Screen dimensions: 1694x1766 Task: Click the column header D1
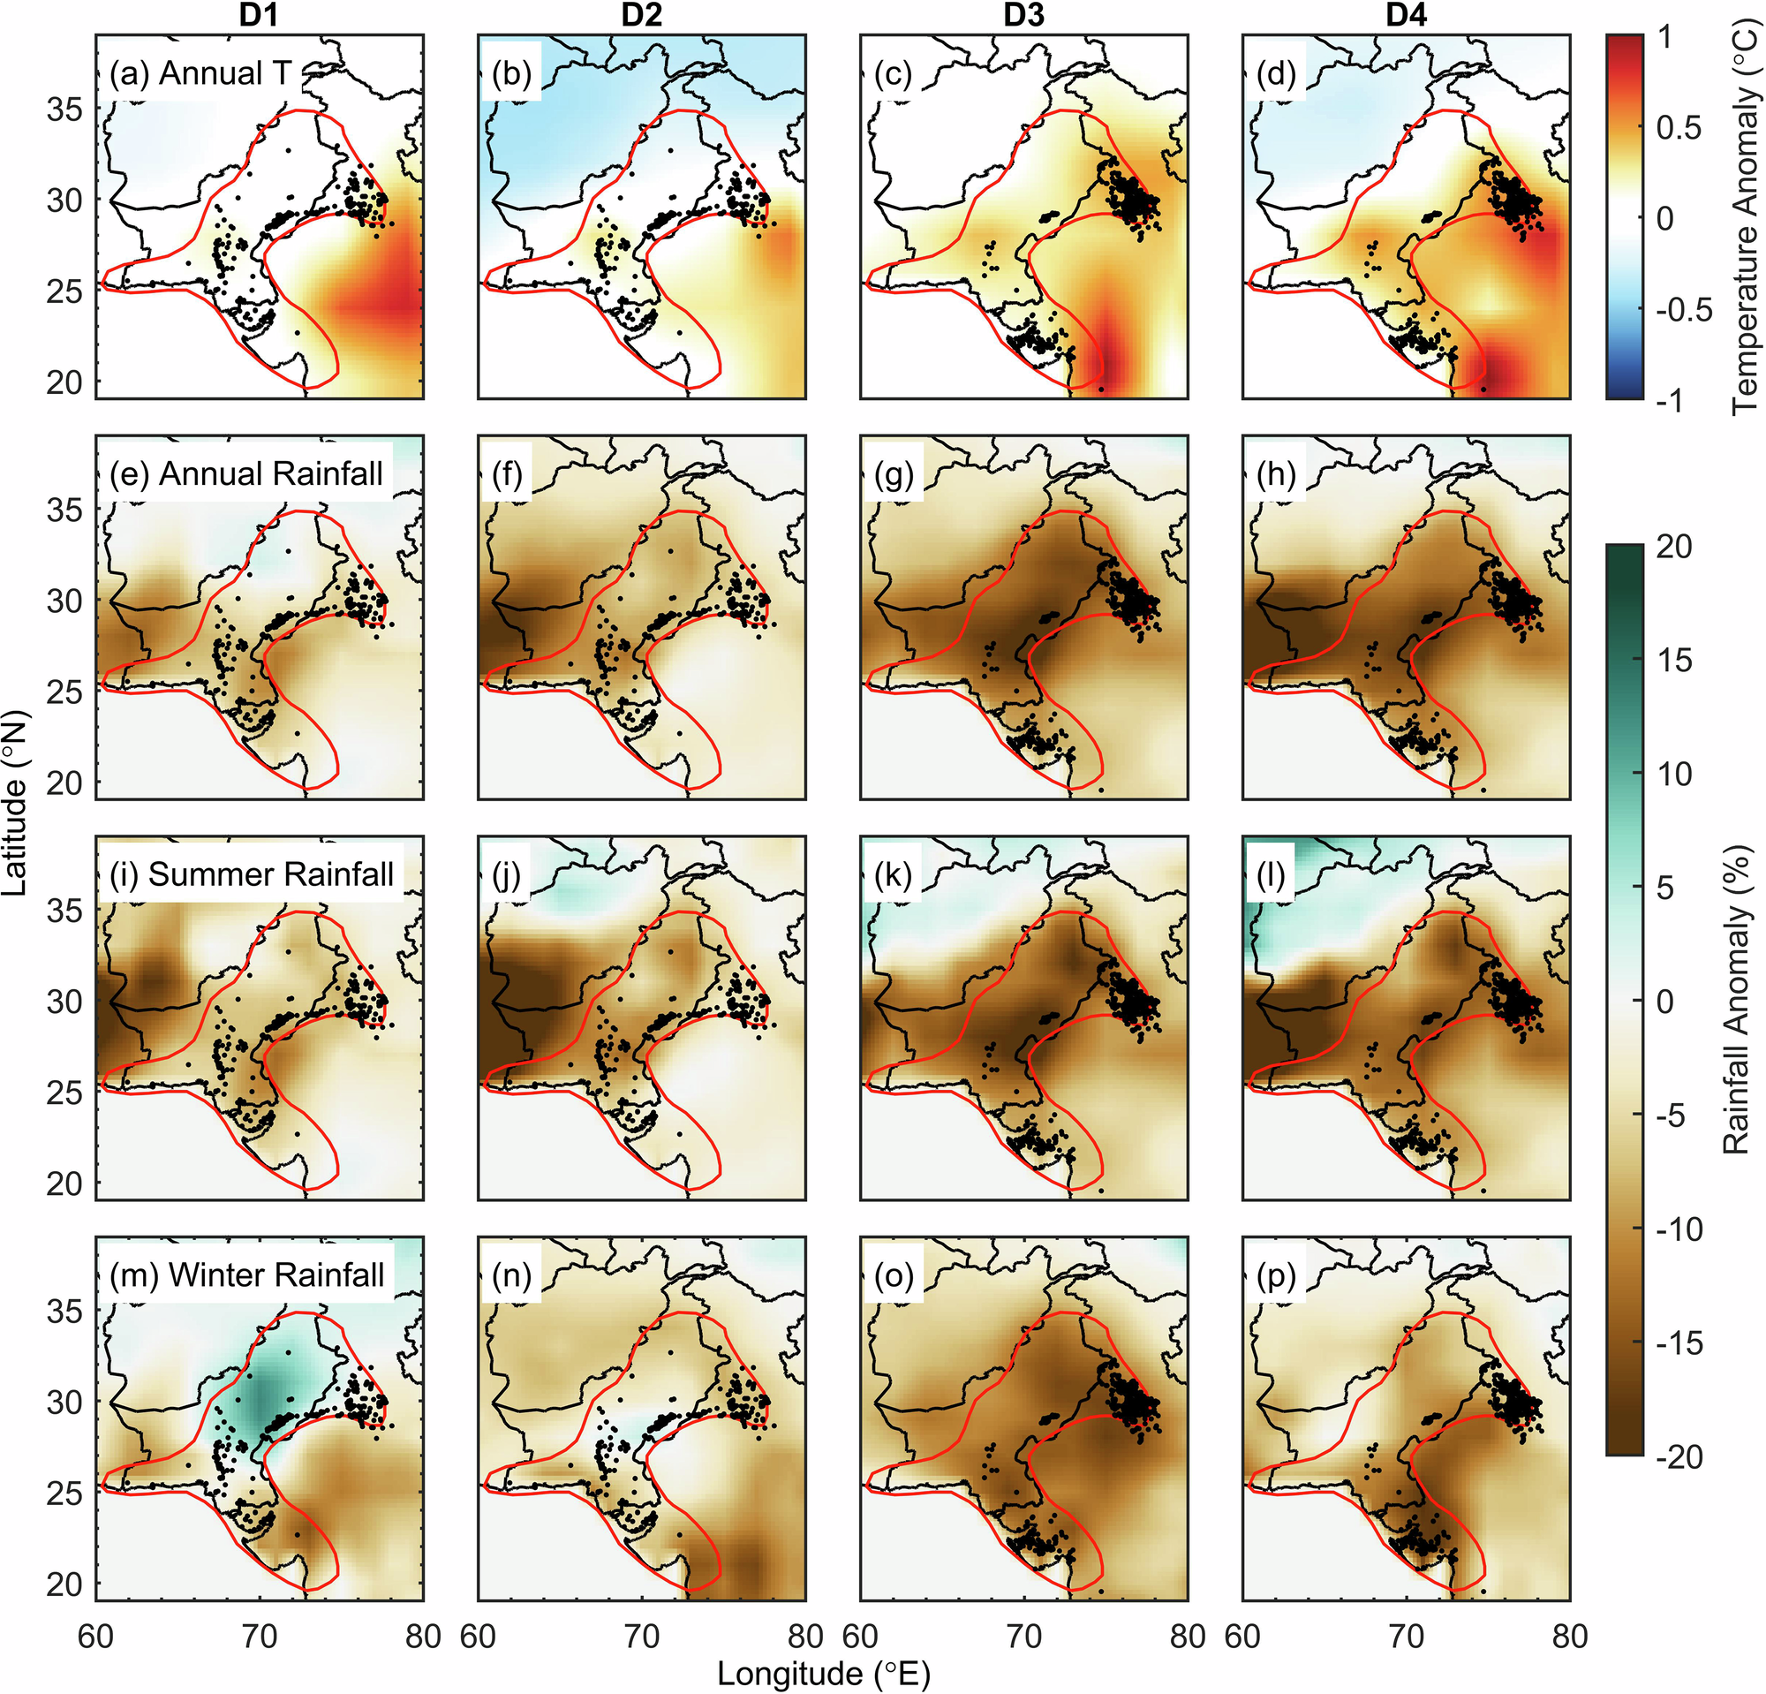[260, 15]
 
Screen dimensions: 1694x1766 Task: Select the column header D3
[1023, 15]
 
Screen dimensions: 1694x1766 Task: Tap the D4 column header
[1406, 15]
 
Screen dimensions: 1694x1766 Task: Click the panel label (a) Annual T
[200, 73]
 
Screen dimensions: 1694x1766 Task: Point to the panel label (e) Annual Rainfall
[246, 474]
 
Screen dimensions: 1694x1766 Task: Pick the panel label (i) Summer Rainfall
[252, 874]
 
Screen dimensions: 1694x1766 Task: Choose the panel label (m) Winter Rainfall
[247, 1275]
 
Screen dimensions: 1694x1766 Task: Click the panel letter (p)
[1276, 1275]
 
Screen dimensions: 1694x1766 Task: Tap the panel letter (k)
[893, 874]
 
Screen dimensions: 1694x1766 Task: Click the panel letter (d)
[1276, 73]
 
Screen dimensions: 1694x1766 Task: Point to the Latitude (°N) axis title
[15, 802]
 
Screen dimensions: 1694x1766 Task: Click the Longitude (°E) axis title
[824, 1674]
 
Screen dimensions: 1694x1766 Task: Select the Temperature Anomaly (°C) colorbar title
[1745, 216]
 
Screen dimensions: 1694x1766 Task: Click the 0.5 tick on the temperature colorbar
[1679, 128]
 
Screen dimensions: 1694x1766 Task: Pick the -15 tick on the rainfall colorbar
[1679, 1343]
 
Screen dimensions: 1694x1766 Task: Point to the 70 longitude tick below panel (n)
[642, 1636]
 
